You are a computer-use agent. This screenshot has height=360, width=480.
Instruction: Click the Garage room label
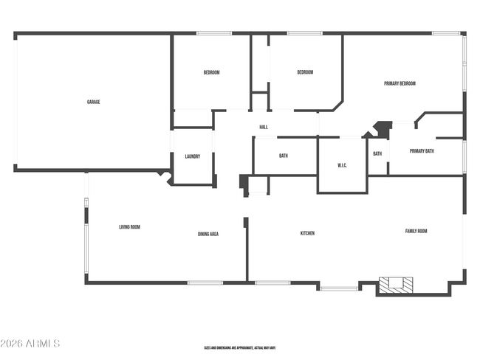pos(93,102)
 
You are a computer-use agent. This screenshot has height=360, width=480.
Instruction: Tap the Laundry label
pos(193,156)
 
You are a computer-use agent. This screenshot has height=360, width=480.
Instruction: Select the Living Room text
pos(129,226)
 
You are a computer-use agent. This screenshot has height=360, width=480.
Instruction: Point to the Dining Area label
pos(208,234)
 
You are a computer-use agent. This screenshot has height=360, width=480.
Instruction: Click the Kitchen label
pos(307,233)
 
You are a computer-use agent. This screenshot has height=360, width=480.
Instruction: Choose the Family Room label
pos(416,231)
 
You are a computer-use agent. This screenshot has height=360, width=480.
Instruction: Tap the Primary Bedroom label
pos(400,83)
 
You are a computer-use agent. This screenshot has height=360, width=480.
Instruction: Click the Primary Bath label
pos(422,151)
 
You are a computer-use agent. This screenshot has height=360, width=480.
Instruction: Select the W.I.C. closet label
pos(342,165)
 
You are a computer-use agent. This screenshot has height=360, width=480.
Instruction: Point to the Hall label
pos(263,127)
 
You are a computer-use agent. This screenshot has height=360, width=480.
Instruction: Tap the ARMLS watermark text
pos(30,344)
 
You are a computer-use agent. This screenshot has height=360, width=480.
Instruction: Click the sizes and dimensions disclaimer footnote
pos(240,347)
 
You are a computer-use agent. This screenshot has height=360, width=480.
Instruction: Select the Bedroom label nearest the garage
pos(211,72)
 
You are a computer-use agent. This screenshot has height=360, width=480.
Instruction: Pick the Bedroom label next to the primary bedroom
pos(305,72)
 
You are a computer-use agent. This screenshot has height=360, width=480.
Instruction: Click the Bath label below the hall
pos(283,156)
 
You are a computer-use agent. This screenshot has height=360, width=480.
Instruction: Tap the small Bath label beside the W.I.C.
pos(377,153)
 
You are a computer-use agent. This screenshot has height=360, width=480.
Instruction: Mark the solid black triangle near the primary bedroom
pos(382,128)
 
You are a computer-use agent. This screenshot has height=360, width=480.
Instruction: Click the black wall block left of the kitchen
pos(244,183)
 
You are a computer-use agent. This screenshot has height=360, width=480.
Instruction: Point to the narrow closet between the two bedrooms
pos(258,70)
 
